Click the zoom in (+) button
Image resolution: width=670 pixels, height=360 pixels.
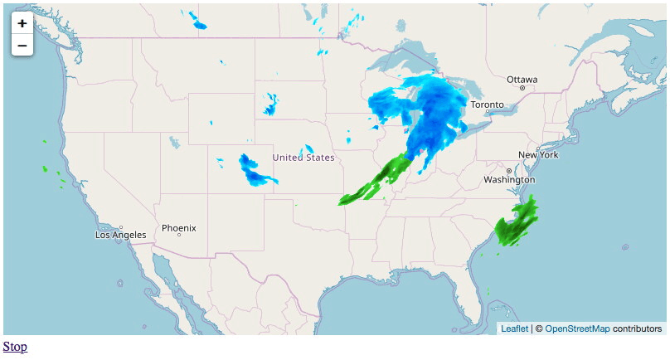(x=22, y=24)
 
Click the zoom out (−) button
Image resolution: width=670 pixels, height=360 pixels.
(x=22, y=46)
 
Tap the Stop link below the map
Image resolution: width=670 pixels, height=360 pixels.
(x=15, y=347)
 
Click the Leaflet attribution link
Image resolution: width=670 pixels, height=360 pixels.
(x=514, y=329)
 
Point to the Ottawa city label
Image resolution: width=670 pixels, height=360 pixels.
(x=522, y=80)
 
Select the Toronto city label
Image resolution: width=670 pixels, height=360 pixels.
(x=487, y=105)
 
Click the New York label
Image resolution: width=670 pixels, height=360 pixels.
(x=538, y=155)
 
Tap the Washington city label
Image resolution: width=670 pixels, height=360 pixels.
(x=509, y=180)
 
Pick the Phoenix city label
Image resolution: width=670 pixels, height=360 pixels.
(x=178, y=227)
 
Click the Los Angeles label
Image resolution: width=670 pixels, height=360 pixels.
(x=121, y=235)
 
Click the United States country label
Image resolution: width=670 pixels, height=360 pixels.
(x=303, y=158)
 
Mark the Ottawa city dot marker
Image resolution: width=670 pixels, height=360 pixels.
(x=522, y=88)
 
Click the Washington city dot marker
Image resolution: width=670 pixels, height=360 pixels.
(x=509, y=172)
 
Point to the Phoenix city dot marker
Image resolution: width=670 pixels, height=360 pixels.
(x=178, y=235)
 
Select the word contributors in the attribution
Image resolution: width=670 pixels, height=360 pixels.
(x=638, y=329)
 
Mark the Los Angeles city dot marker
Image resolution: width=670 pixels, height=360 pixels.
(x=121, y=227)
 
